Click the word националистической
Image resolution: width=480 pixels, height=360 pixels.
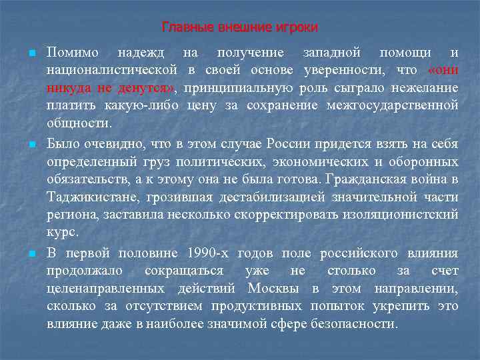coord(111,70)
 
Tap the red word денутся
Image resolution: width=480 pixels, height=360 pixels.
coord(147,88)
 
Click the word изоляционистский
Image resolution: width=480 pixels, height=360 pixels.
coord(406,215)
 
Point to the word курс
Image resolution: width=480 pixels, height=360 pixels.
coord(63,233)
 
